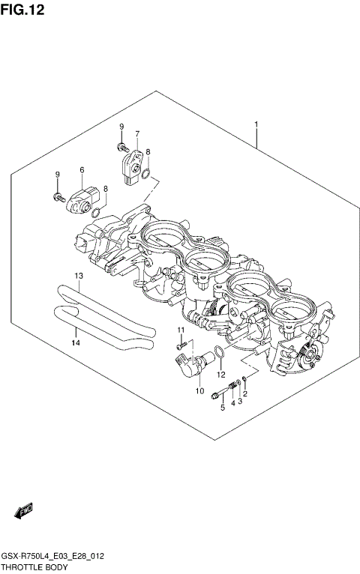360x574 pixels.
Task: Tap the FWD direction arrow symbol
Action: pos(22,512)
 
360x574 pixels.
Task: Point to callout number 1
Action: pos(256,124)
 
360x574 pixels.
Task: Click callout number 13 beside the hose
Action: pos(78,277)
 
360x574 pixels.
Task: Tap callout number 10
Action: pos(199,390)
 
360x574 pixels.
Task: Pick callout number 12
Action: pos(221,374)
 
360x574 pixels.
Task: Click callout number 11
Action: pos(180,330)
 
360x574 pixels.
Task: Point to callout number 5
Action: pos(222,408)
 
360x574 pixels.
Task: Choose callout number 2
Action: pos(245,394)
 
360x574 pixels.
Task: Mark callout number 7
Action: pos(137,134)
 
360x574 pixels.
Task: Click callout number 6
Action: pos(82,170)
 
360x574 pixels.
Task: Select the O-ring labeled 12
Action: pos(216,354)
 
